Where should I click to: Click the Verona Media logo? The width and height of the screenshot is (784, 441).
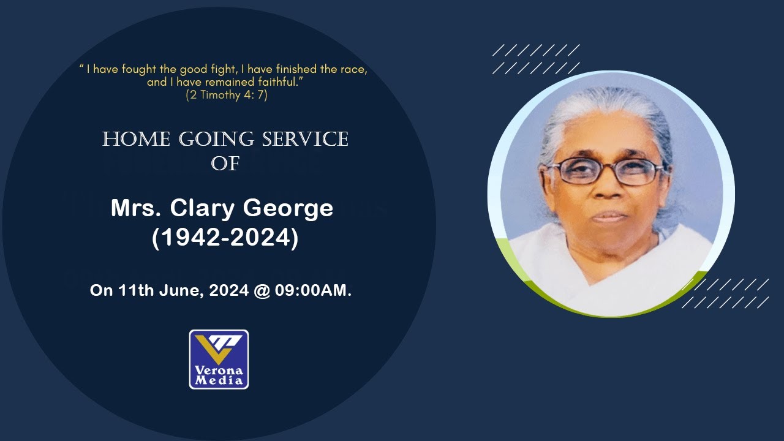219,359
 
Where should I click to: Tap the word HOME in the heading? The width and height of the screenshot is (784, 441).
137,140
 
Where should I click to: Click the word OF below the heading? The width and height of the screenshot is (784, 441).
225,164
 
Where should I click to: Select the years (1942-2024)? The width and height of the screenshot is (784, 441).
225,238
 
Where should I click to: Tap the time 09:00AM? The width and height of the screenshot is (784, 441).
313,290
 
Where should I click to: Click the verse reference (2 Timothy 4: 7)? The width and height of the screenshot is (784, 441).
226,95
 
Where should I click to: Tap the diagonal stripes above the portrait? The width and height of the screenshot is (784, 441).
536,59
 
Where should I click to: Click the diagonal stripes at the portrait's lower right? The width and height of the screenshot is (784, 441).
725,293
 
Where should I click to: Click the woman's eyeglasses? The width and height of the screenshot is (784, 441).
605,171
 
